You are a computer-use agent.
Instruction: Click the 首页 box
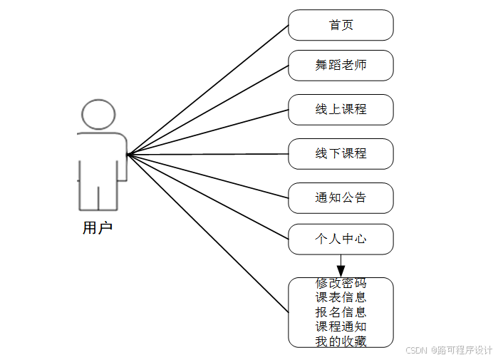pyautogui.click(x=341, y=25)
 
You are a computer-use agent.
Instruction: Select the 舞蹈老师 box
pyautogui.click(x=341, y=66)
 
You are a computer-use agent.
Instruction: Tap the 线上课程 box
pyautogui.click(x=341, y=110)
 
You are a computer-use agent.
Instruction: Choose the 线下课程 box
pyautogui.click(x=341, y=154)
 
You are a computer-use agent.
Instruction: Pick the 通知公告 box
pyautogui.click(x=341, y=197)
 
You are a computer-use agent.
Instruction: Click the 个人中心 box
pyautogui.click(x=341, y=239)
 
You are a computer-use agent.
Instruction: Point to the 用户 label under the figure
pyautogui.click(x=98, y=228)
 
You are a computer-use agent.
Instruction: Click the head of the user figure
pyautogui.click(x=98, y=115)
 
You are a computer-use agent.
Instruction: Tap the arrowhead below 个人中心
pyautogui.click(x=341, y=270)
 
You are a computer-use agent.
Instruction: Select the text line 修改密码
pyautogui.click(x=341, y=284)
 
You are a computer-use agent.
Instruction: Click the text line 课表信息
pyautogui.click(x=341, y=297)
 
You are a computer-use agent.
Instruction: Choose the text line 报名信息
pyautogui.click(x=341, y=312)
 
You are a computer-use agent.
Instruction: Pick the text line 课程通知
pyautogui.click(x=341, y=326)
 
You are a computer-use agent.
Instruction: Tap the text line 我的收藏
pyautogui.click(x=341, y=341)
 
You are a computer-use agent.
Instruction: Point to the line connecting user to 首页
pyautogui.click(x=207, y=90)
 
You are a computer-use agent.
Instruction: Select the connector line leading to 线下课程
pyautogui.click(x=207, y=154)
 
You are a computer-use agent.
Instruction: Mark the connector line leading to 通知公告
pyautogui.click(x=207, y=175)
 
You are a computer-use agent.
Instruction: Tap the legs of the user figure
pyautogui.click(x=98, y=192)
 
